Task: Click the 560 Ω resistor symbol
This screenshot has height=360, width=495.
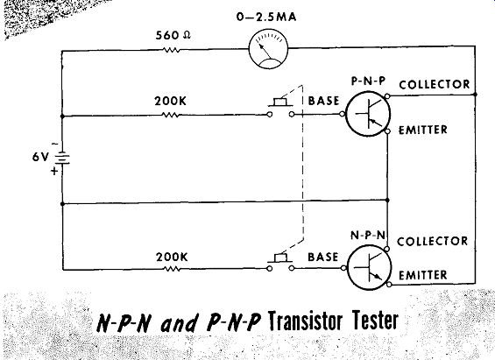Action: pyautogui.click(x=172, y=50)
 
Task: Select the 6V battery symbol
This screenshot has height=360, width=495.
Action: pyautogui.click(x=63, y=158)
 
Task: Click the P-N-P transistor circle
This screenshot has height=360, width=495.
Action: pyautogui.click(x=368, y=114)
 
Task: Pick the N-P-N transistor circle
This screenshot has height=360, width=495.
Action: pyautogui.click(x=370, y=267)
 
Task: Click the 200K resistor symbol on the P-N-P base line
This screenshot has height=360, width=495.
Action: pyautogui.click(x=171, y=115)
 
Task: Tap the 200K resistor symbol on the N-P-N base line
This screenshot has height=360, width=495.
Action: pyautogui.click(x=172, y=269)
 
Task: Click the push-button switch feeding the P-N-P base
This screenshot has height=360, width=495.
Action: pyautogui.click(x=280, y=108)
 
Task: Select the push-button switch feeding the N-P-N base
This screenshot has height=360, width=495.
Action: pyautogui.click(x=280, y=262)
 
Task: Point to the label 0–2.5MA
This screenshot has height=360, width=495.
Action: pyautogui.click(x=266, y=17)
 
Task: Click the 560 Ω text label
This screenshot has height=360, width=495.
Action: pyautogui.click(x=173, y=35)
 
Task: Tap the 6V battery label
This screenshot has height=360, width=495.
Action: pyautogui.click(x=40, y=157)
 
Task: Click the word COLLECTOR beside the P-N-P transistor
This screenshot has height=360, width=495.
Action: pyautogui.click(x=435, y=85)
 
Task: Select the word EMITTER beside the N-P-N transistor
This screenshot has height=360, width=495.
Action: pyautogui.click(x=422, y=275)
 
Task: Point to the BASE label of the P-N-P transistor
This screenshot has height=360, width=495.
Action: pyautogui.click(x=323, y=101)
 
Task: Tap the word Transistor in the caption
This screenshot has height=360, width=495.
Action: pyautogui.click(x=305, y=321)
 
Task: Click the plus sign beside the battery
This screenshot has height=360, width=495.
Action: pyautogui.click(x=54, y=172)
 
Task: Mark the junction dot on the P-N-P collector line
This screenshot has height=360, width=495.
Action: pyautogui.click(x=476, y=95)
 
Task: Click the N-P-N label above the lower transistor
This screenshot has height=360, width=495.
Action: pyautogui.click(x=368, y=235)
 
